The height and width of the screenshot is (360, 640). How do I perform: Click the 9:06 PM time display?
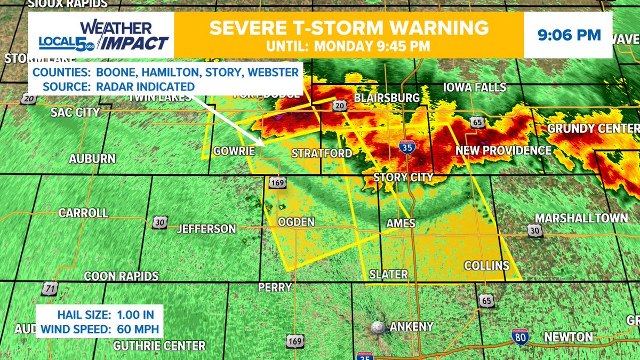tap(569, 35)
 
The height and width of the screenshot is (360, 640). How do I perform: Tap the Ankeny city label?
tap(411, 326)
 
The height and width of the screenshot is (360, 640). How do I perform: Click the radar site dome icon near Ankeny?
tap(378, 327)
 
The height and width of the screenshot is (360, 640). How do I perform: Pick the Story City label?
tap(403, 177)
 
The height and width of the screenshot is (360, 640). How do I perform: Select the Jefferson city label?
tap(206, 229)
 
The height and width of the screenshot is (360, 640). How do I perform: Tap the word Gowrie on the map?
tap(233, 151)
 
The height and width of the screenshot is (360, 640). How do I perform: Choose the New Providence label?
tap(503, 151)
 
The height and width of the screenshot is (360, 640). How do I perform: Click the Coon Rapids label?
tap(122, 276)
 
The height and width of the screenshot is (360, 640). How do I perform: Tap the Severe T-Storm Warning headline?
tap(349, 28)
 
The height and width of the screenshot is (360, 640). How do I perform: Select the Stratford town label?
tap(322, 154)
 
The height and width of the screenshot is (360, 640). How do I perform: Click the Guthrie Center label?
tap(159, 346)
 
